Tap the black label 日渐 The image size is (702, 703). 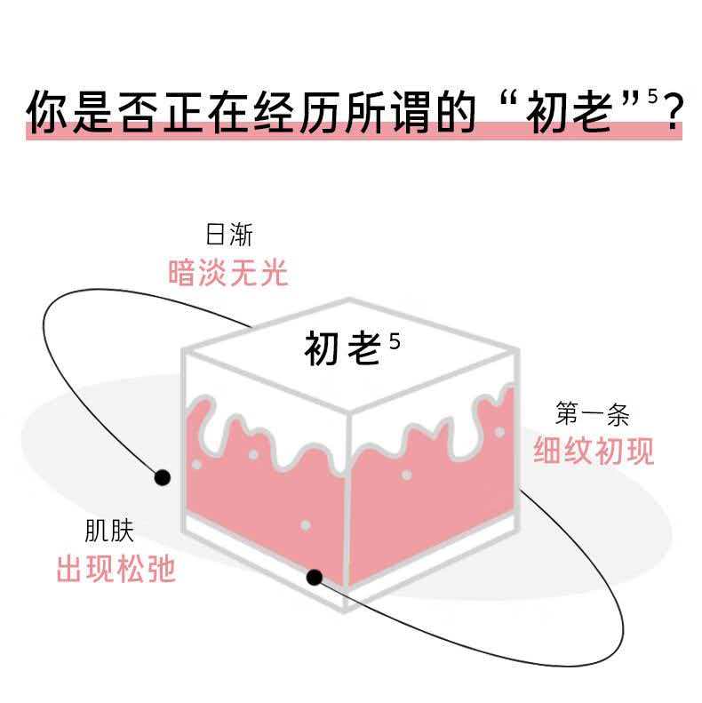(x=229, y=236)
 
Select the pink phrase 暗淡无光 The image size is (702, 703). (x=229, y=273)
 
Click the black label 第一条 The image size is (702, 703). (x=593, y=415)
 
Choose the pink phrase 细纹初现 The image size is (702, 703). (x=594, y=451)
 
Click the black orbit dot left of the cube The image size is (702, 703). (x=162, y=478)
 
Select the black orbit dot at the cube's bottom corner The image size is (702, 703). (x=314, y=578)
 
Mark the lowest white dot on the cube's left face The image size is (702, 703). (x=306, y=525)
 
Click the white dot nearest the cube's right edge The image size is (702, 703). (x=499, y=432)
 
